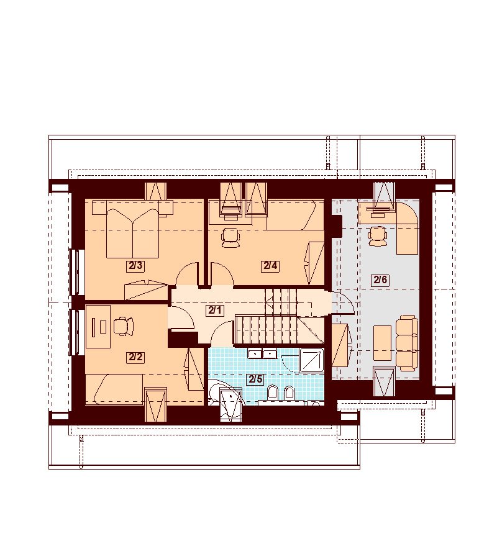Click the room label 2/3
(x=135, y=266)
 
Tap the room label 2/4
(x=270, y=266)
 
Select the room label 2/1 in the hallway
(x=214, y=311)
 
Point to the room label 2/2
(x=135, y=357)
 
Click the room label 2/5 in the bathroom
(x=256, y=379)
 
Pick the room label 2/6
(x=380, y=280)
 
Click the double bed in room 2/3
(x=132, y=234)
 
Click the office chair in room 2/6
(x=377, y=237)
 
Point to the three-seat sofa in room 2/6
(x=407, y=343)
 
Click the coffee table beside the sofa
(x=383, y=343)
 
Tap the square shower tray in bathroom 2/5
(x=312, y=361)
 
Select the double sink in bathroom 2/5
(x=263, y=353)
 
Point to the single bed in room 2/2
(x=115, y=389)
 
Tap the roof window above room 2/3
(x=156, y=191)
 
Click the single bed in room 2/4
(x=295, y=215)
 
